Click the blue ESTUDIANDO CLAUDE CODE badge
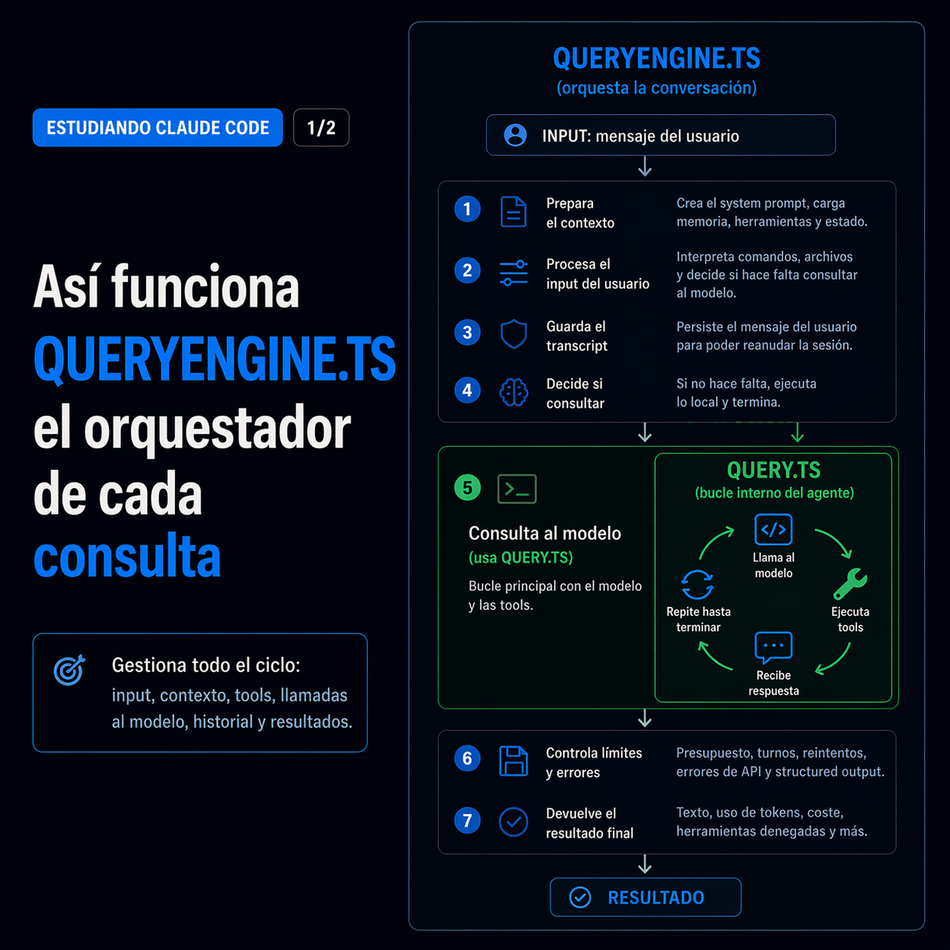[x=158, y=127]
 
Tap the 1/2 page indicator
[x=321, y=127]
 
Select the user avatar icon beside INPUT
[x=515, y=135]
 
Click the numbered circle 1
[x=467, y=209]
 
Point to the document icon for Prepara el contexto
[x=514, y=211]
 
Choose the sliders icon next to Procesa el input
[x=514, y=273]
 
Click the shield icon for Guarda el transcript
[x=514, y=333]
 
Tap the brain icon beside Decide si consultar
[x=514, y=392]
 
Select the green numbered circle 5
[x=467, y=488]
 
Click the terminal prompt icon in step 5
[x=517, y=489]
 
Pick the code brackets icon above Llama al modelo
[x=773, y=530]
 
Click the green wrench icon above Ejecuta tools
[x=850, y=584]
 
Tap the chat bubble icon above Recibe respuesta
[x=773, y=646]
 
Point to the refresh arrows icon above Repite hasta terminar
[x=697, y=584]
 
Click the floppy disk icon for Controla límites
[x=514, y=761]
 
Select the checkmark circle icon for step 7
[x=514, y=822]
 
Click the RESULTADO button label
[x=655, y=898]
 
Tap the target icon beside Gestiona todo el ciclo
[x=70, y=670]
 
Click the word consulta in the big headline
[x=127, y=557]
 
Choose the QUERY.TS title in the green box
[x=773, y=470]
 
